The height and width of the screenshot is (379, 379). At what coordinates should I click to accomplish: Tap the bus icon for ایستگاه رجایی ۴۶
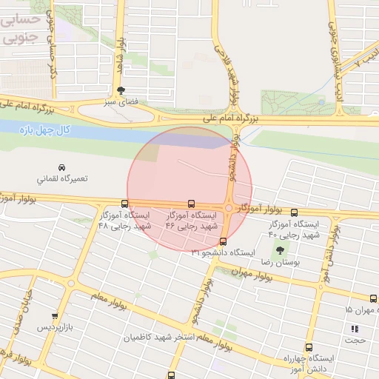(x=192, y=204)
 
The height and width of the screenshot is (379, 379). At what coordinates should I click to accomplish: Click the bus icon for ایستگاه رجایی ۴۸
(x=124, y=204)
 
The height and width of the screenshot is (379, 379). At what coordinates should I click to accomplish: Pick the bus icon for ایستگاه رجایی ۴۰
(x=295, y=212)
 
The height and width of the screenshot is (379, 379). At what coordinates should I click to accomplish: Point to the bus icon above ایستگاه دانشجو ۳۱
(x=223, y=241)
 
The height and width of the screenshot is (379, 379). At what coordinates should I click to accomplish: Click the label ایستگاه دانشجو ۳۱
(x=223, y=253)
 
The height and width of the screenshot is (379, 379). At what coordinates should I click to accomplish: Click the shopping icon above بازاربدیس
(x=55, y=316)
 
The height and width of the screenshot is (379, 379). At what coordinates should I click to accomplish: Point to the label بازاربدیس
(x=57, y=327)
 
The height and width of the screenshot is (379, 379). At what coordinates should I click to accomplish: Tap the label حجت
(x=358, y=341)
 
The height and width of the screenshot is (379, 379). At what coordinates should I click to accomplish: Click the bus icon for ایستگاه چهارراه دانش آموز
(x=309, y=347)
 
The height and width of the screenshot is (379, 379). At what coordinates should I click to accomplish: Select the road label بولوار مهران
(x=246, y=274)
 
